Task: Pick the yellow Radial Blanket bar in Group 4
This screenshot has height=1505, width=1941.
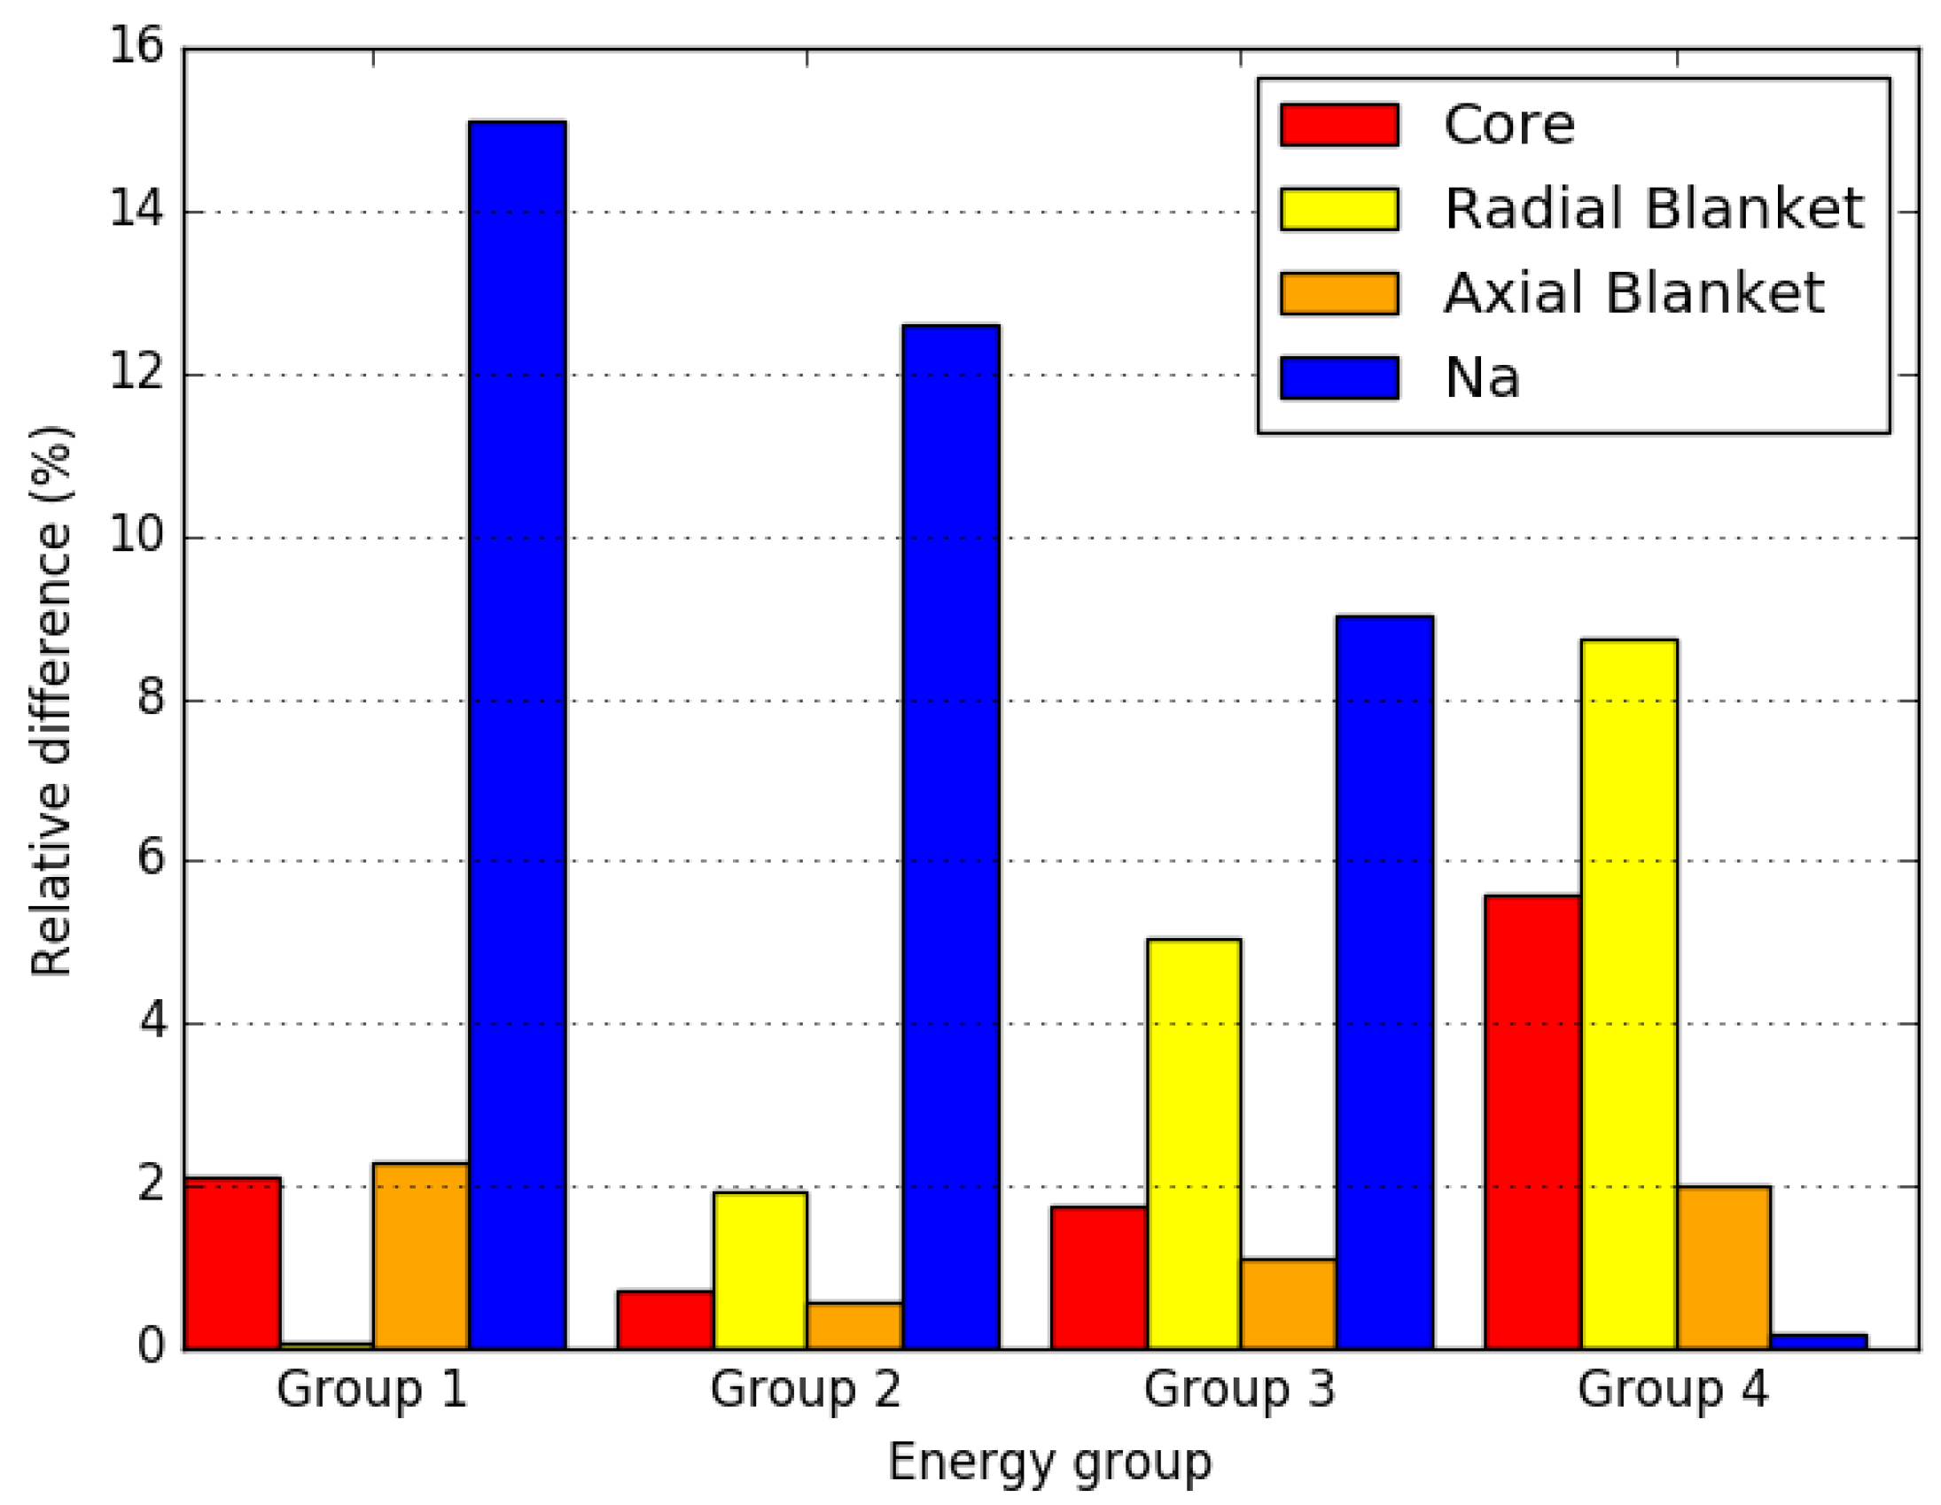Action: pos(1629,995)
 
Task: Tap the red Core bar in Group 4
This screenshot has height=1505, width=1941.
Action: pos(1532,1123)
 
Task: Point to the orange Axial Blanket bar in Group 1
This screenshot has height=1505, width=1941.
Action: pos(420,1256)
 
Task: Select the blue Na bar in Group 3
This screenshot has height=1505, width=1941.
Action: pos(1384,982)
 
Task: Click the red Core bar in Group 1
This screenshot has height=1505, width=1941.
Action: pos(232,1263)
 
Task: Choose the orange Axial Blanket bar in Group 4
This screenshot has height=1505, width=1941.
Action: pos(1723,1268)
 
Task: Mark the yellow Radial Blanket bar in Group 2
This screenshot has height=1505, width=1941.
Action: pos(760,1270)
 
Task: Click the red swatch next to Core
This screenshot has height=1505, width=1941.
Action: pos(1339,124)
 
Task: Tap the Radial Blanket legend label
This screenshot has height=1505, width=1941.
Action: pos(1653,210)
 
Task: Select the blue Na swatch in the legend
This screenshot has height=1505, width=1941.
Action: pos(1339,377)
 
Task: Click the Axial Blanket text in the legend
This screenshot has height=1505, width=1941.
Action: pos(1633,293)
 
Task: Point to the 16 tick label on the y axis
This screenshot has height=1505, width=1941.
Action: pos(136,46)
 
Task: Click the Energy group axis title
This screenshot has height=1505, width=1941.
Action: pos(1049,1462)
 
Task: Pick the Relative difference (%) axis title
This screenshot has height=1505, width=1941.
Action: pos(51,701)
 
